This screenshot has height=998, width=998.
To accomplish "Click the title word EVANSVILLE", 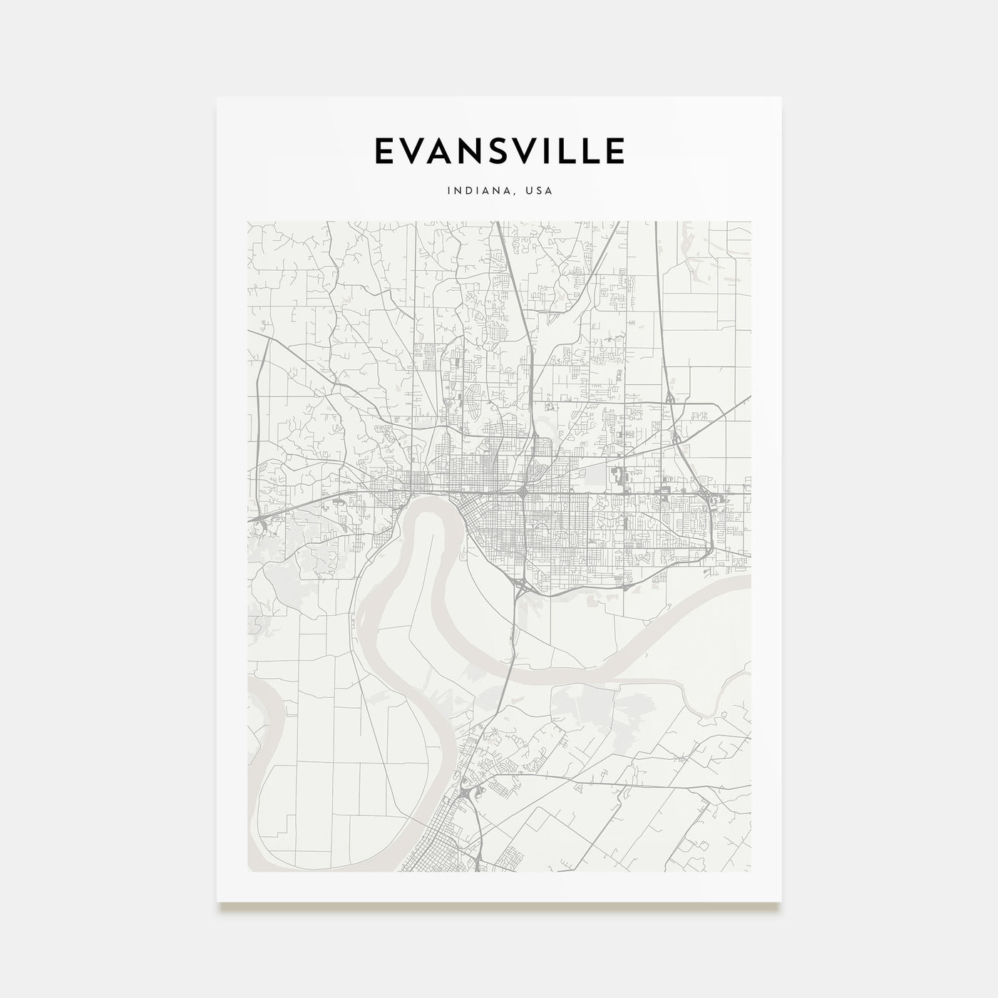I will [x=499, y=150].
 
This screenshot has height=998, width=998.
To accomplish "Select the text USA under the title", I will [x=538, y=191].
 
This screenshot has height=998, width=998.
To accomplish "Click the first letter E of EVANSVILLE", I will [x=384, y=150].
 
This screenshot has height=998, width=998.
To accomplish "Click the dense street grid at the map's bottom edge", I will [x=456, y=852].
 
